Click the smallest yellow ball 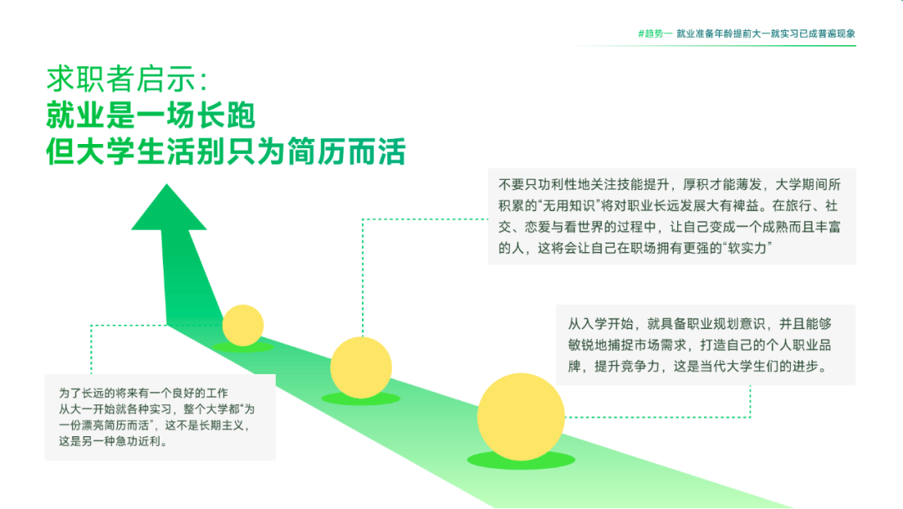[x=243, y=325]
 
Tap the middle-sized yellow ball [x=361, y=368]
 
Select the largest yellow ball [x=521, y=417]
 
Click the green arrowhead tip [x=167, y=184]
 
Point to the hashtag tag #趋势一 [x=655, y=33]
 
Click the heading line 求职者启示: [x=127, y=79]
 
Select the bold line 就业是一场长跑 [x=150, y=116]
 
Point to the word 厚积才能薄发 [x=722, y=184]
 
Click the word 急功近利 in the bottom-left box [x=140, y=441]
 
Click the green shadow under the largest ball [x=521, y=460]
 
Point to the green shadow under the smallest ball [x=243, y=347]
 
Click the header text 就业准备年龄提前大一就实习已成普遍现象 [x=766, y=33]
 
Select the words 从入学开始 [x=600, y=323]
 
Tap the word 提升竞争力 [x=627, y=366]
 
